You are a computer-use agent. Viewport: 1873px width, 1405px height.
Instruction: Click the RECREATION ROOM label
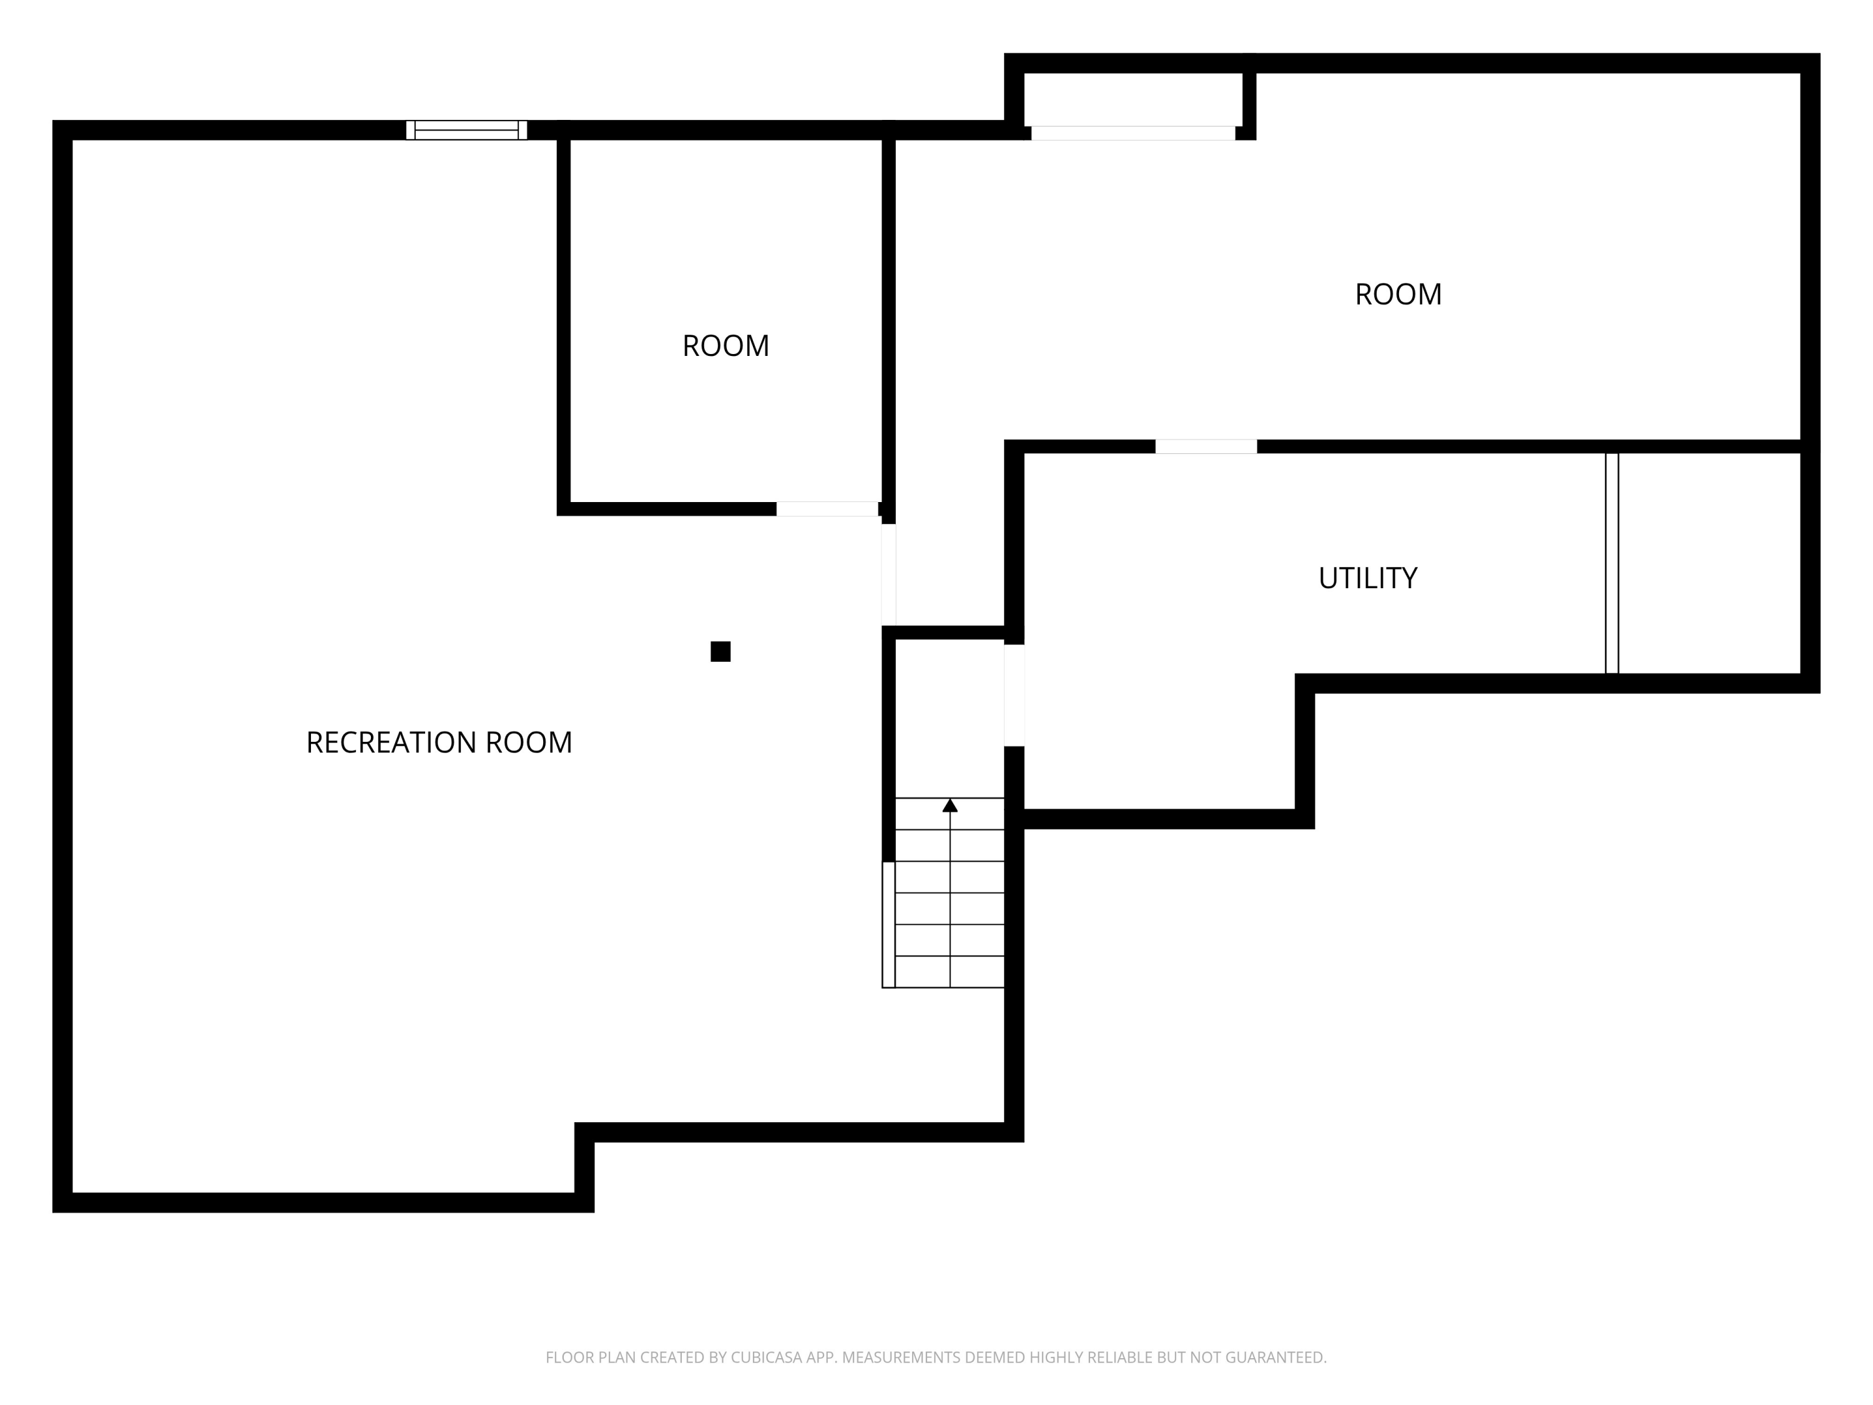[x=439, y=742]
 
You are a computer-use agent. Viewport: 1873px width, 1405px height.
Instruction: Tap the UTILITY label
[x=1367, y=578]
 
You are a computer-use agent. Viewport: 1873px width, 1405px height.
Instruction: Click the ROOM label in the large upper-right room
[x=1398, y=295]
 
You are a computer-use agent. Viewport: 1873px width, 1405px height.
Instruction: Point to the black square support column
[x=720, y=651]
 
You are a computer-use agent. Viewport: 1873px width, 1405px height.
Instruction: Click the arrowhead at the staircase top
[x=950, y=806]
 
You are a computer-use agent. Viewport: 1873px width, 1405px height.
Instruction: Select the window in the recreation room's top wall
[x=466, y=131]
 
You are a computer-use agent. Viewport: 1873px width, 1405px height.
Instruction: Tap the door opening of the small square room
[x=827, y=509]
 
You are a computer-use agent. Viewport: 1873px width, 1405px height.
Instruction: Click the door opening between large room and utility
[x=1206, y=446]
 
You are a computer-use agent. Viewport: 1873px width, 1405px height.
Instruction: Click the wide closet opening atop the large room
[x=1133, y=133]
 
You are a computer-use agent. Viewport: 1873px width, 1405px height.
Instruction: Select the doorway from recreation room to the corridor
[x=888, y=574]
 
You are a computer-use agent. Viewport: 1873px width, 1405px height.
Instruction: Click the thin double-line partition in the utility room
[x=1611, y=563]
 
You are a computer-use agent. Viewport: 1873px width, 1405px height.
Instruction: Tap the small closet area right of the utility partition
[x=1709, y=563]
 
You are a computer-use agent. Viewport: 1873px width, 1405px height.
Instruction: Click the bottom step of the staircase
[x=950, y=972]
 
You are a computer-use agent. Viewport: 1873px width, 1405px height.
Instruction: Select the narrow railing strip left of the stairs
[x=888, y=925]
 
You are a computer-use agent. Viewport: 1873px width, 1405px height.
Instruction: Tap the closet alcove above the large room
[x=1133, y=99]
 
